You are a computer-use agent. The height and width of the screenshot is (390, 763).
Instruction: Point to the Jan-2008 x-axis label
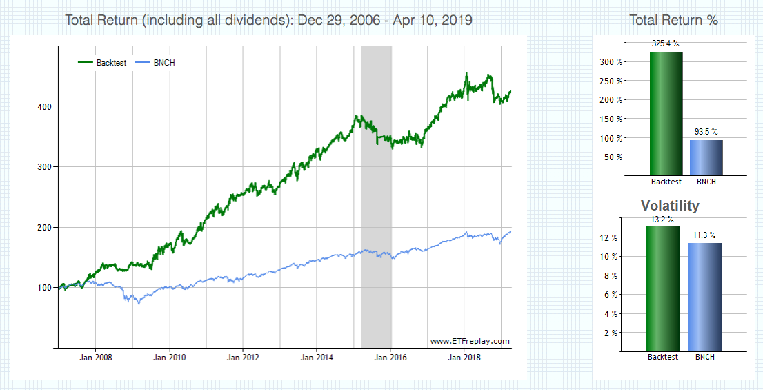pyautogui.click(x=95, y=358)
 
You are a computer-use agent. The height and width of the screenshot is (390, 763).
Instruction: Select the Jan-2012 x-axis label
pyautogui.click(x=243, y=358)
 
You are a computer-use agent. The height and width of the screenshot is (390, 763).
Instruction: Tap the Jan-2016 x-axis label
pyautogui.click(x=390, y=358)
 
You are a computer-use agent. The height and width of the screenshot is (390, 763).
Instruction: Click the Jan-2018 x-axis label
pyautogui.click(x=464, y=358)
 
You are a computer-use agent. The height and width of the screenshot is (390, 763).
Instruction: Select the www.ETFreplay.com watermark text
pyautogui.click(x=469, y=341)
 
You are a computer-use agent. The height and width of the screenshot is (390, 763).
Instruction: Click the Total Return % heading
pyautogui.click(x=673, y=20)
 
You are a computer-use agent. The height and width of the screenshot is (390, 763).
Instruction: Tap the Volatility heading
pyautogui.click(x=670, y=206)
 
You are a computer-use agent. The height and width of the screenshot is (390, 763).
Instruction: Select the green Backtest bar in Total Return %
pyautogui.click(x=666, y=114)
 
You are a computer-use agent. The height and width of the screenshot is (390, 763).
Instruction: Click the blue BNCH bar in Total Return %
pyautogui.click(x=706, y=157)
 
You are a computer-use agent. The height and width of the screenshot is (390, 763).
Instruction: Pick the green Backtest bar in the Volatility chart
pyautogui.click(x=663, y=289)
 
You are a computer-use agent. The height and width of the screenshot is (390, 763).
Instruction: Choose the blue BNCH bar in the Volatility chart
pyautogui.click(x=704, y=297)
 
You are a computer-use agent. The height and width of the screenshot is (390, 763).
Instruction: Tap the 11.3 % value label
pyautogui.click(x=704, y=235)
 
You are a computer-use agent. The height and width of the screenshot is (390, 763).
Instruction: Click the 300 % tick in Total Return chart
pyautogui.click(x=612, y=62)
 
